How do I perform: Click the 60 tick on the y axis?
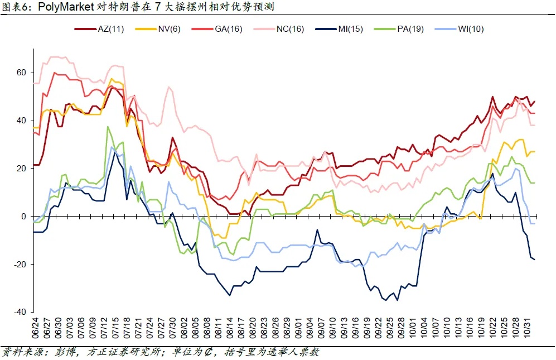pyautogui.click(x=21, y=73)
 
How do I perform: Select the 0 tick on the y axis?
pyautogui.click(x=23, y=217)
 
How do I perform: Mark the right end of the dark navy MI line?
pyautogui.click(x=534, y=259)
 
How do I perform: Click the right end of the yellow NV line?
pyautogui.click(x=534, y=152)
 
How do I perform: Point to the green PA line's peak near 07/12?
pyautogui.click(x=108, y=127)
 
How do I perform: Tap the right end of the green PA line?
pyautogui.click(x=534, y=183)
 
